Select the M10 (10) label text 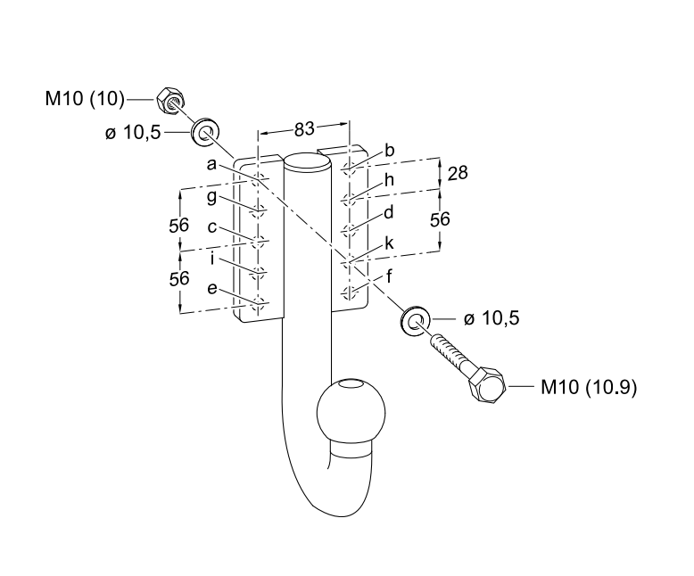pos(85,97)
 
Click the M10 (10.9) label pos(589,388)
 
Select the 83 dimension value pos(304,129)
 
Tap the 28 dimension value pos(458,173)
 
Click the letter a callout pos(211,164)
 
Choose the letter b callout pos(389,151)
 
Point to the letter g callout pos(211,196)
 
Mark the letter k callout pos(389,243)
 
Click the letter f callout pos(390,275)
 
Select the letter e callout pos(211,290)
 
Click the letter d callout pos(389,212)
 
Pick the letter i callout pos(211,259)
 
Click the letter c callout pos(211,227)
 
